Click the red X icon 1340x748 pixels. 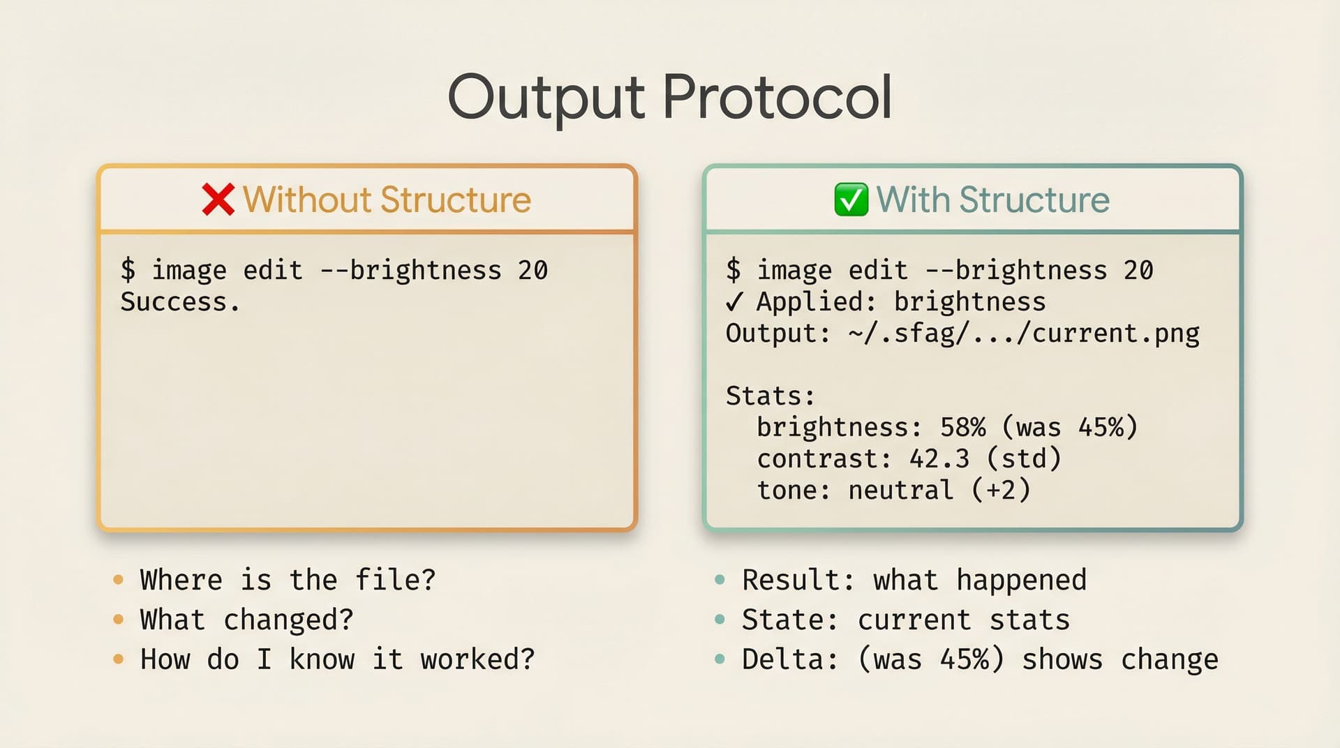tap(218, 200)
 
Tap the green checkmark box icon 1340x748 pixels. tap(851, 200)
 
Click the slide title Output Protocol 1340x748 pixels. tap(669, 98)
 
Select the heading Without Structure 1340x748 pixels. tap(387, 200)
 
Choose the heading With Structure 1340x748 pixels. tap(992, 200)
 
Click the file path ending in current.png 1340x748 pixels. tap(1023, 334)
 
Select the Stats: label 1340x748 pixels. tap(770, 396)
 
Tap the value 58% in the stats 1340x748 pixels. tap(962, 427)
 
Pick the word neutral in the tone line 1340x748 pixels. tap(900, 491)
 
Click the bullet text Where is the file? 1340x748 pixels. tap(288, 580)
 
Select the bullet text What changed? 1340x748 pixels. tap(246, 620)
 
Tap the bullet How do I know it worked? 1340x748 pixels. tap(337, 659)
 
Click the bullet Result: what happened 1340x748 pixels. tap(914, 580)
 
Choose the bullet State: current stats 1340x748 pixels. tap(905, 620)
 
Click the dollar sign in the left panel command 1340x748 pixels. tap(128, 270)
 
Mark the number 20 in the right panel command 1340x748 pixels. tap(1138, 270)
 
